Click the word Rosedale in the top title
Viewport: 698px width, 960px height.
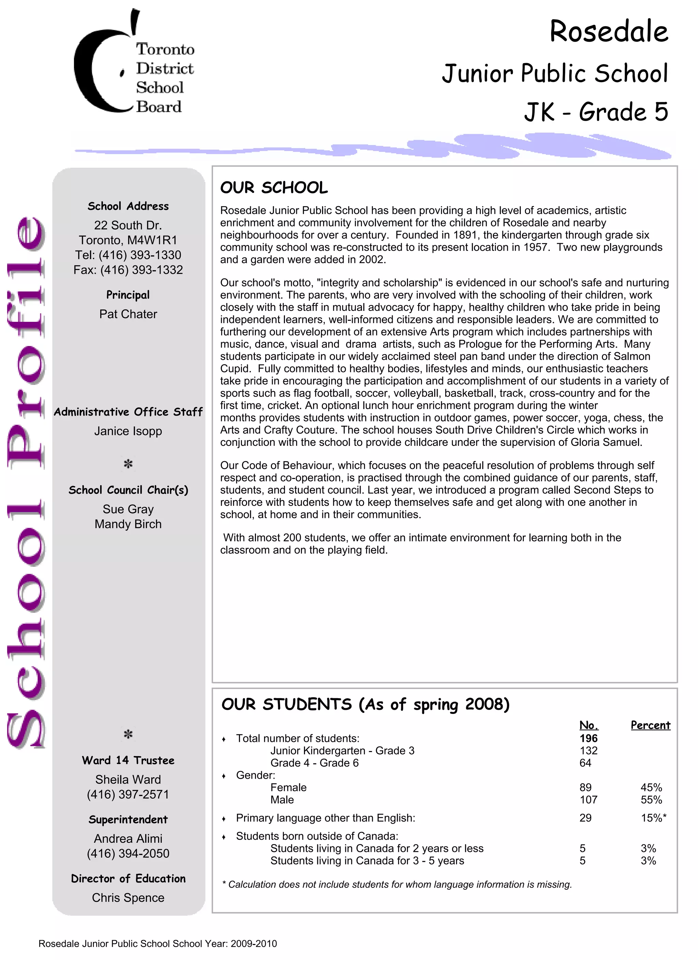point(608,32)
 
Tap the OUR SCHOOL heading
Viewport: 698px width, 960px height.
point(274,187)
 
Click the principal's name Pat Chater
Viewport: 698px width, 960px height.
point(128,314)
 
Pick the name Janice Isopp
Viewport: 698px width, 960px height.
point(128,431)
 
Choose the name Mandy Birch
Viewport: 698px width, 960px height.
point(128,524)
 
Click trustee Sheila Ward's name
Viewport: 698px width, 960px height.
point(128,779)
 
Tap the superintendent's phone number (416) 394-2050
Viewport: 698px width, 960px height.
point(128,853)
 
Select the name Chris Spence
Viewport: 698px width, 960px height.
point(128,897)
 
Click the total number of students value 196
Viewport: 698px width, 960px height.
point(588,738)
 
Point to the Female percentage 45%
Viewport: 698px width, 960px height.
point(651,787)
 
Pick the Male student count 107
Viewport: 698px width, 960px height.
point(588,799)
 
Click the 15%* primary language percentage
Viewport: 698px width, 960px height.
point(653,818)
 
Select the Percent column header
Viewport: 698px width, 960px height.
point(650,725)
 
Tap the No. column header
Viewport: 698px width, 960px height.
point(588,725)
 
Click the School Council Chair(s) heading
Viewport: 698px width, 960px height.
point(128,490)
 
